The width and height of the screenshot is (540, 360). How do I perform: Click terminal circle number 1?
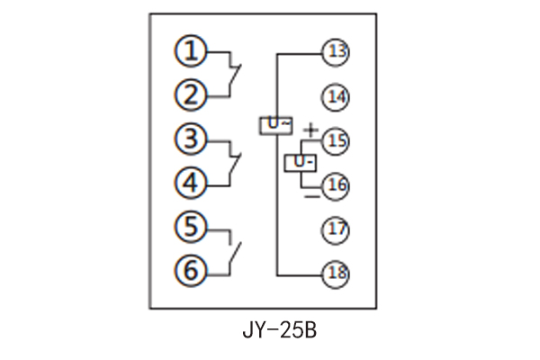click(x=191, y=52)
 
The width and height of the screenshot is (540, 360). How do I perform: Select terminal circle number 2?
click(x=191, y=94)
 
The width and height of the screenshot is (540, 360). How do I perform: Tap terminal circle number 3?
click(x=191, y=140)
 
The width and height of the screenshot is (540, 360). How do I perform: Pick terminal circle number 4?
click(x=191, y=183)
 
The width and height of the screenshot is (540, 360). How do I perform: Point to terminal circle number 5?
click(x=191, y=227)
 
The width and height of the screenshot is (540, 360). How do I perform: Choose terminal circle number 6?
click(x=191, y=269)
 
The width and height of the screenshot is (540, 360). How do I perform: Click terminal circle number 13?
click(x=337, y=53)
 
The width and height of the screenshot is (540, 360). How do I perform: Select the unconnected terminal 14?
click(x=337, y=96)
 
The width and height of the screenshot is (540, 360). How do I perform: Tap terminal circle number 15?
click(x=337, y=141)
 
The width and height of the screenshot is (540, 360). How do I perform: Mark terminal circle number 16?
click(x=337, y=185)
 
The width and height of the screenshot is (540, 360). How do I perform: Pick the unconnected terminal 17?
click(x=337, y=229)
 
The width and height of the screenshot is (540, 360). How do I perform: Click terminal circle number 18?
click(x=337, y=273)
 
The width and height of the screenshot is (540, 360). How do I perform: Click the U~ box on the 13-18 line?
click(x=275, y=125)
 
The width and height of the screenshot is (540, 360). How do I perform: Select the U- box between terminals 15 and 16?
click(x=301, y=163)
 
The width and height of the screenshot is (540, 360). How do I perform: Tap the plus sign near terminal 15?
click(x=310, y=131)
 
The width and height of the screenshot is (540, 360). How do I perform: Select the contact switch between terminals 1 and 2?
click(x=235, y=75)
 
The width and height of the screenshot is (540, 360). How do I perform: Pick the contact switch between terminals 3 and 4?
click(x=235, y=163)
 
